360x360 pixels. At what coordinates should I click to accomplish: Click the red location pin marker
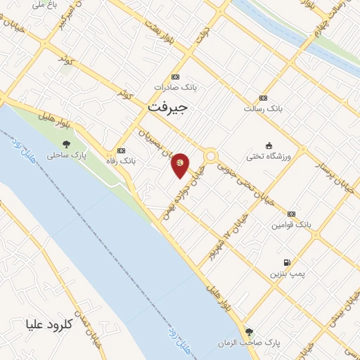pos(181,165)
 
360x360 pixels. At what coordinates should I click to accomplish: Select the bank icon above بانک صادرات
pos(175,77)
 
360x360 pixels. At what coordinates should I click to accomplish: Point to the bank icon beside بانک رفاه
pos(122,150)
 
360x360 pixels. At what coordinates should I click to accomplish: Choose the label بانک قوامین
pos(291,225)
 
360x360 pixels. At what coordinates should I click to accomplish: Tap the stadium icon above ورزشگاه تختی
pos(268,144)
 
